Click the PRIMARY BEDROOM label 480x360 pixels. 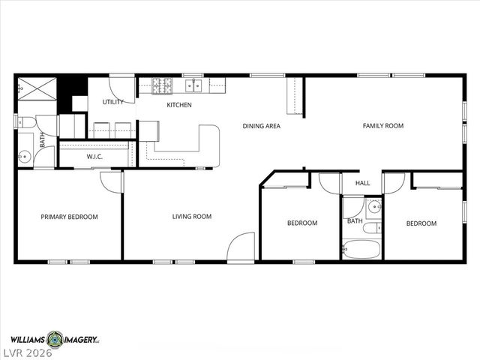[69, 217]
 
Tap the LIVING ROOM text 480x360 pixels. [192, 217]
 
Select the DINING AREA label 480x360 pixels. [261, 126]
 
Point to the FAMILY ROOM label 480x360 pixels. [383, 125]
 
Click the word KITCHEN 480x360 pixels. [179, 105]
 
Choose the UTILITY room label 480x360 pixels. [112, 102]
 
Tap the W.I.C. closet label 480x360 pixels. [94, 157]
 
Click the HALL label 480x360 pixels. [363, 183]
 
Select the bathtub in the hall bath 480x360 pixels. [362, 248]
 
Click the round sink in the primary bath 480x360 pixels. [24, 157]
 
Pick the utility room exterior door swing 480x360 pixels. [123, 87]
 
